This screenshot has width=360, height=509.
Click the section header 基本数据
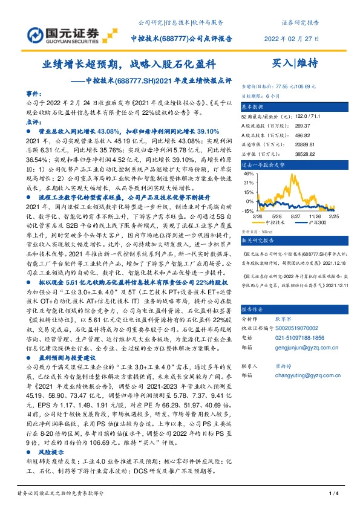pos(255,106)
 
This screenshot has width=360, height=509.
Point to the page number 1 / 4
pos(332,494)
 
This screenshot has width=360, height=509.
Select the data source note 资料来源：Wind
pos(256,230)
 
